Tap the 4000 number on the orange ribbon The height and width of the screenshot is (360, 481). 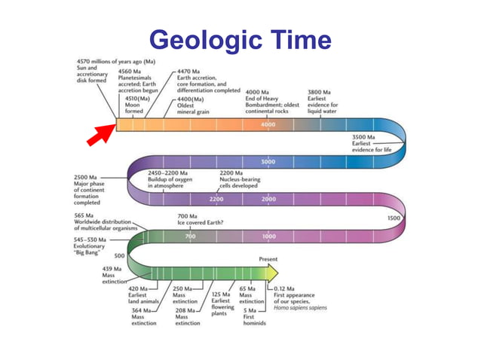[268, 124]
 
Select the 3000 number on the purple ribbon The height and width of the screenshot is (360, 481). [268, 162]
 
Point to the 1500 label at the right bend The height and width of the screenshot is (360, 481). [393, 218]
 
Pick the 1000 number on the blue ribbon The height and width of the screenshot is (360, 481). [269, 236]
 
